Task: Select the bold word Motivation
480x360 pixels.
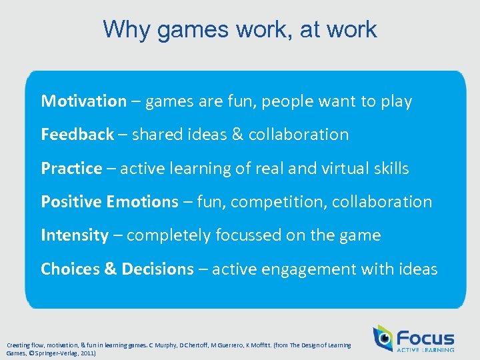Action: pos(83,101)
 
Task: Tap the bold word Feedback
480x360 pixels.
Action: pos(77,135)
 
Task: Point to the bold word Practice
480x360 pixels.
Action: pos(71,168)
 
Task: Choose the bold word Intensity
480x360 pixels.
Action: pos(74,235)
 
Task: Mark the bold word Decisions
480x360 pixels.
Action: pos(157,269)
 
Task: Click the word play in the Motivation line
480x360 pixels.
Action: pos(395,102)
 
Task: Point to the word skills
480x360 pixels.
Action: pos(390,168)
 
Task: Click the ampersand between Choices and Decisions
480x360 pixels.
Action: pos(111,269)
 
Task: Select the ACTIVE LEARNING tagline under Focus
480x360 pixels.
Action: pos(425,349)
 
